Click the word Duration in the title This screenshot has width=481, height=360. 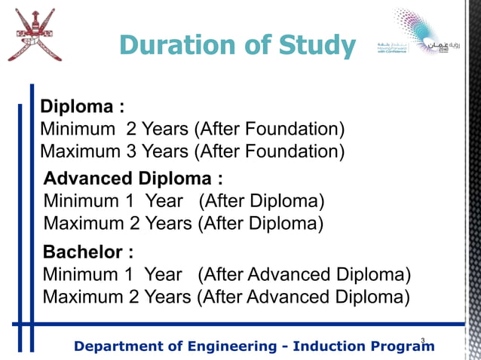click(176, 46)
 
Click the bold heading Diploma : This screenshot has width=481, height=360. click(81, 105)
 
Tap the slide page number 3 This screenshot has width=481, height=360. click(423, 341)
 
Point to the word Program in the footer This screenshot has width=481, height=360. click(402, 346)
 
